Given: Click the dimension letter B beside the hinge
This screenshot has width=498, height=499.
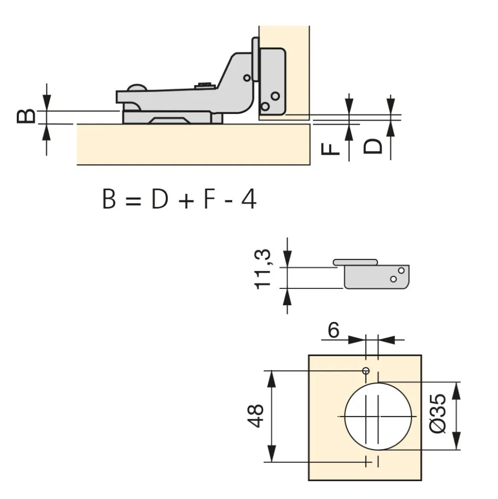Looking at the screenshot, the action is point(26,116).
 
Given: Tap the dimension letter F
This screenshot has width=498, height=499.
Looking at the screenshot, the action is point(330,149).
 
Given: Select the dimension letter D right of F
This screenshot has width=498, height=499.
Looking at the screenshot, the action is point(372,146).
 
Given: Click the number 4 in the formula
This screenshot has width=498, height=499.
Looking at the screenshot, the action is point(248,199).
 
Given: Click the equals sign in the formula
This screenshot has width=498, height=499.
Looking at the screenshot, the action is point(133,201).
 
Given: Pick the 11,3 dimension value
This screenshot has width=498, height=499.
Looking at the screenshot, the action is point(263,269).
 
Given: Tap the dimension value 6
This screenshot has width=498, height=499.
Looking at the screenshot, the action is point(333,330).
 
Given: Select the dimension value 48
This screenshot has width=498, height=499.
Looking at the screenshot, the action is point(256,416).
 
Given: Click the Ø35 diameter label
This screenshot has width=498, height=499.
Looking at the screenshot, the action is point(438,414).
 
